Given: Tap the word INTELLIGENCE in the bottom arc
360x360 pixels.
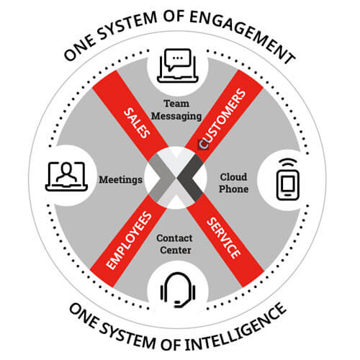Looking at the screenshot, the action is click(236, 330).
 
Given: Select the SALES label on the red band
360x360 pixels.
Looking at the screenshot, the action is click(137, 123).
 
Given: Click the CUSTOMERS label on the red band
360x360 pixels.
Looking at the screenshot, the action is click(222, 118).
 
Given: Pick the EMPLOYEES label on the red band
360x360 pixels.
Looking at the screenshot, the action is click(129, 240).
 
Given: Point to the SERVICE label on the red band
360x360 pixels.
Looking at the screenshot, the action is click(223, 238).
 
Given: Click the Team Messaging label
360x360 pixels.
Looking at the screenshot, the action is click(176, 110).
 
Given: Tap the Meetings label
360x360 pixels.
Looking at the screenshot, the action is click(120, 180).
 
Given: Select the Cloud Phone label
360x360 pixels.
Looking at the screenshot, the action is click(233, 183).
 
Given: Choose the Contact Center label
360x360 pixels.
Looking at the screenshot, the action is click(175, 244).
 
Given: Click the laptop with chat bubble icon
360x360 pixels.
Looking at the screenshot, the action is click(178, 66).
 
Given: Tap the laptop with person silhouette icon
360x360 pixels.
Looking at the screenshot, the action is click(66, 176).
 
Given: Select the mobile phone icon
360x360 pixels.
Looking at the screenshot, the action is click(288, 184).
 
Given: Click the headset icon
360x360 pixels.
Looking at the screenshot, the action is click(178, 290).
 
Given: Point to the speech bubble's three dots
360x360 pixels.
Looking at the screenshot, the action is click(178, 58).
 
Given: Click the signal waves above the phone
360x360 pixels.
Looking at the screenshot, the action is click(288, 163).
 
